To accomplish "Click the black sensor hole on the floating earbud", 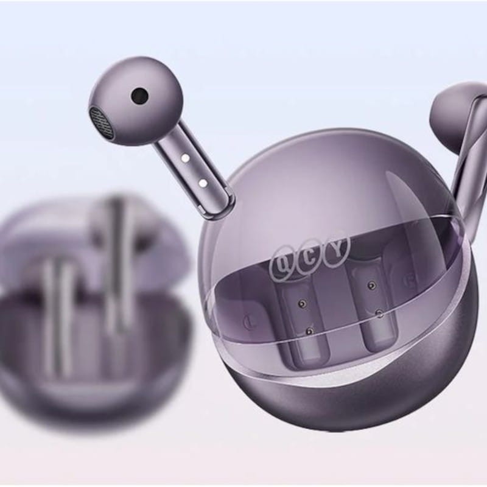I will (x=139, y=95).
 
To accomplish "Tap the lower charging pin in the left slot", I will (x=309, y=331).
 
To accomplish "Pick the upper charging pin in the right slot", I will (x=370, y=286).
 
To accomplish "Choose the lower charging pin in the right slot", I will (x=379, y=313).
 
